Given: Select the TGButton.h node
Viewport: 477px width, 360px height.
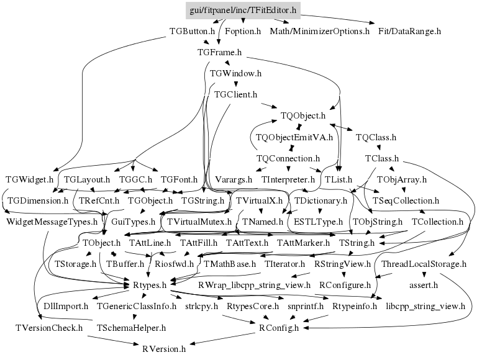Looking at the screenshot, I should tap(193, 30).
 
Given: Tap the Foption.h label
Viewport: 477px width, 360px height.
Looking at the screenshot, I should tap(242, 30).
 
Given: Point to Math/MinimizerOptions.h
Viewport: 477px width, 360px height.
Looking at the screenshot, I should tap(319, 30).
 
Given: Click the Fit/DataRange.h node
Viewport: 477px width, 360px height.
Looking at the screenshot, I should tap(409, 30).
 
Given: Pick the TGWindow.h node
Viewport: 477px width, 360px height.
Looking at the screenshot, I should tap(235, 74).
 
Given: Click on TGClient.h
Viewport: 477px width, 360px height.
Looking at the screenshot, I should tap(235, 96).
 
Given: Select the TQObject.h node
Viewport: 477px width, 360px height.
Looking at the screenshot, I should tap(303, 115).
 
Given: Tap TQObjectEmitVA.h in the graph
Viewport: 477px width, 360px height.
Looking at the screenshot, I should tap(294, 137).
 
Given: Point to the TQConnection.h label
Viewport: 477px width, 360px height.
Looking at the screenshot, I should tap(288, 159).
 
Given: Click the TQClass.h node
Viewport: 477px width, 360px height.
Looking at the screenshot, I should tap(376, 137).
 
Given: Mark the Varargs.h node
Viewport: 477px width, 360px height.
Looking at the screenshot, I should tap(234, 180).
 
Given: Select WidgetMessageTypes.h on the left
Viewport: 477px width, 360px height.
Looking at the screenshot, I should tap(52, 221).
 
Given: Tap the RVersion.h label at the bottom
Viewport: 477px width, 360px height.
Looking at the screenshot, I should tap(164, 349).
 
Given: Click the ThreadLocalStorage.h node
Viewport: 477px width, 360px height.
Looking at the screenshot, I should tap(424, 264).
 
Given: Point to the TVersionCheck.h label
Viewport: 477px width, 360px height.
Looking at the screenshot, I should tap(49, 327).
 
